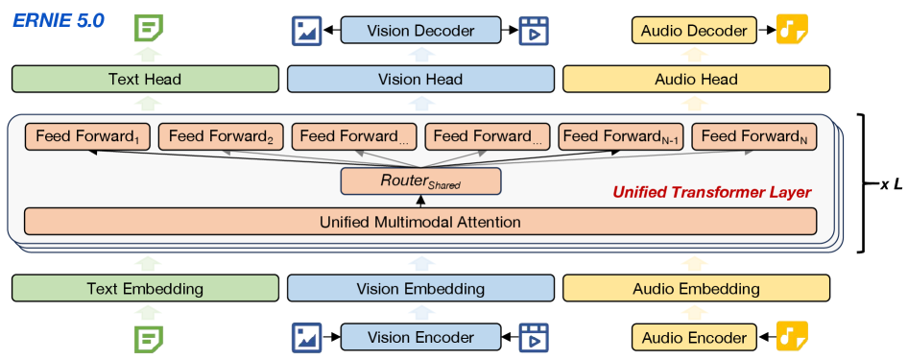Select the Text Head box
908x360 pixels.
(146, 80)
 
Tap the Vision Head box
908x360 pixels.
(421, 80)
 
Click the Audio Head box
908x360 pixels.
(696, 80)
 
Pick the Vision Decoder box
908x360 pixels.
(421, 31)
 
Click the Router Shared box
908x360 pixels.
(421, 180)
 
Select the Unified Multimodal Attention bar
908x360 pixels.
(421, 222)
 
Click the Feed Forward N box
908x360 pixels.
(754, 137)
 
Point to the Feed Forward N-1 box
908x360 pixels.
(620, 137)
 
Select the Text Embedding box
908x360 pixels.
(146, 288)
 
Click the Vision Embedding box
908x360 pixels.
(421, 288)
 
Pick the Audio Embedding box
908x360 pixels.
(696, 288)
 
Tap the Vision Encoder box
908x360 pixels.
(421, 337)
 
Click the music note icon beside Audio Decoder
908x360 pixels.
(792, 31)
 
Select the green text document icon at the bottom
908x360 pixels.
(147, 338)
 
